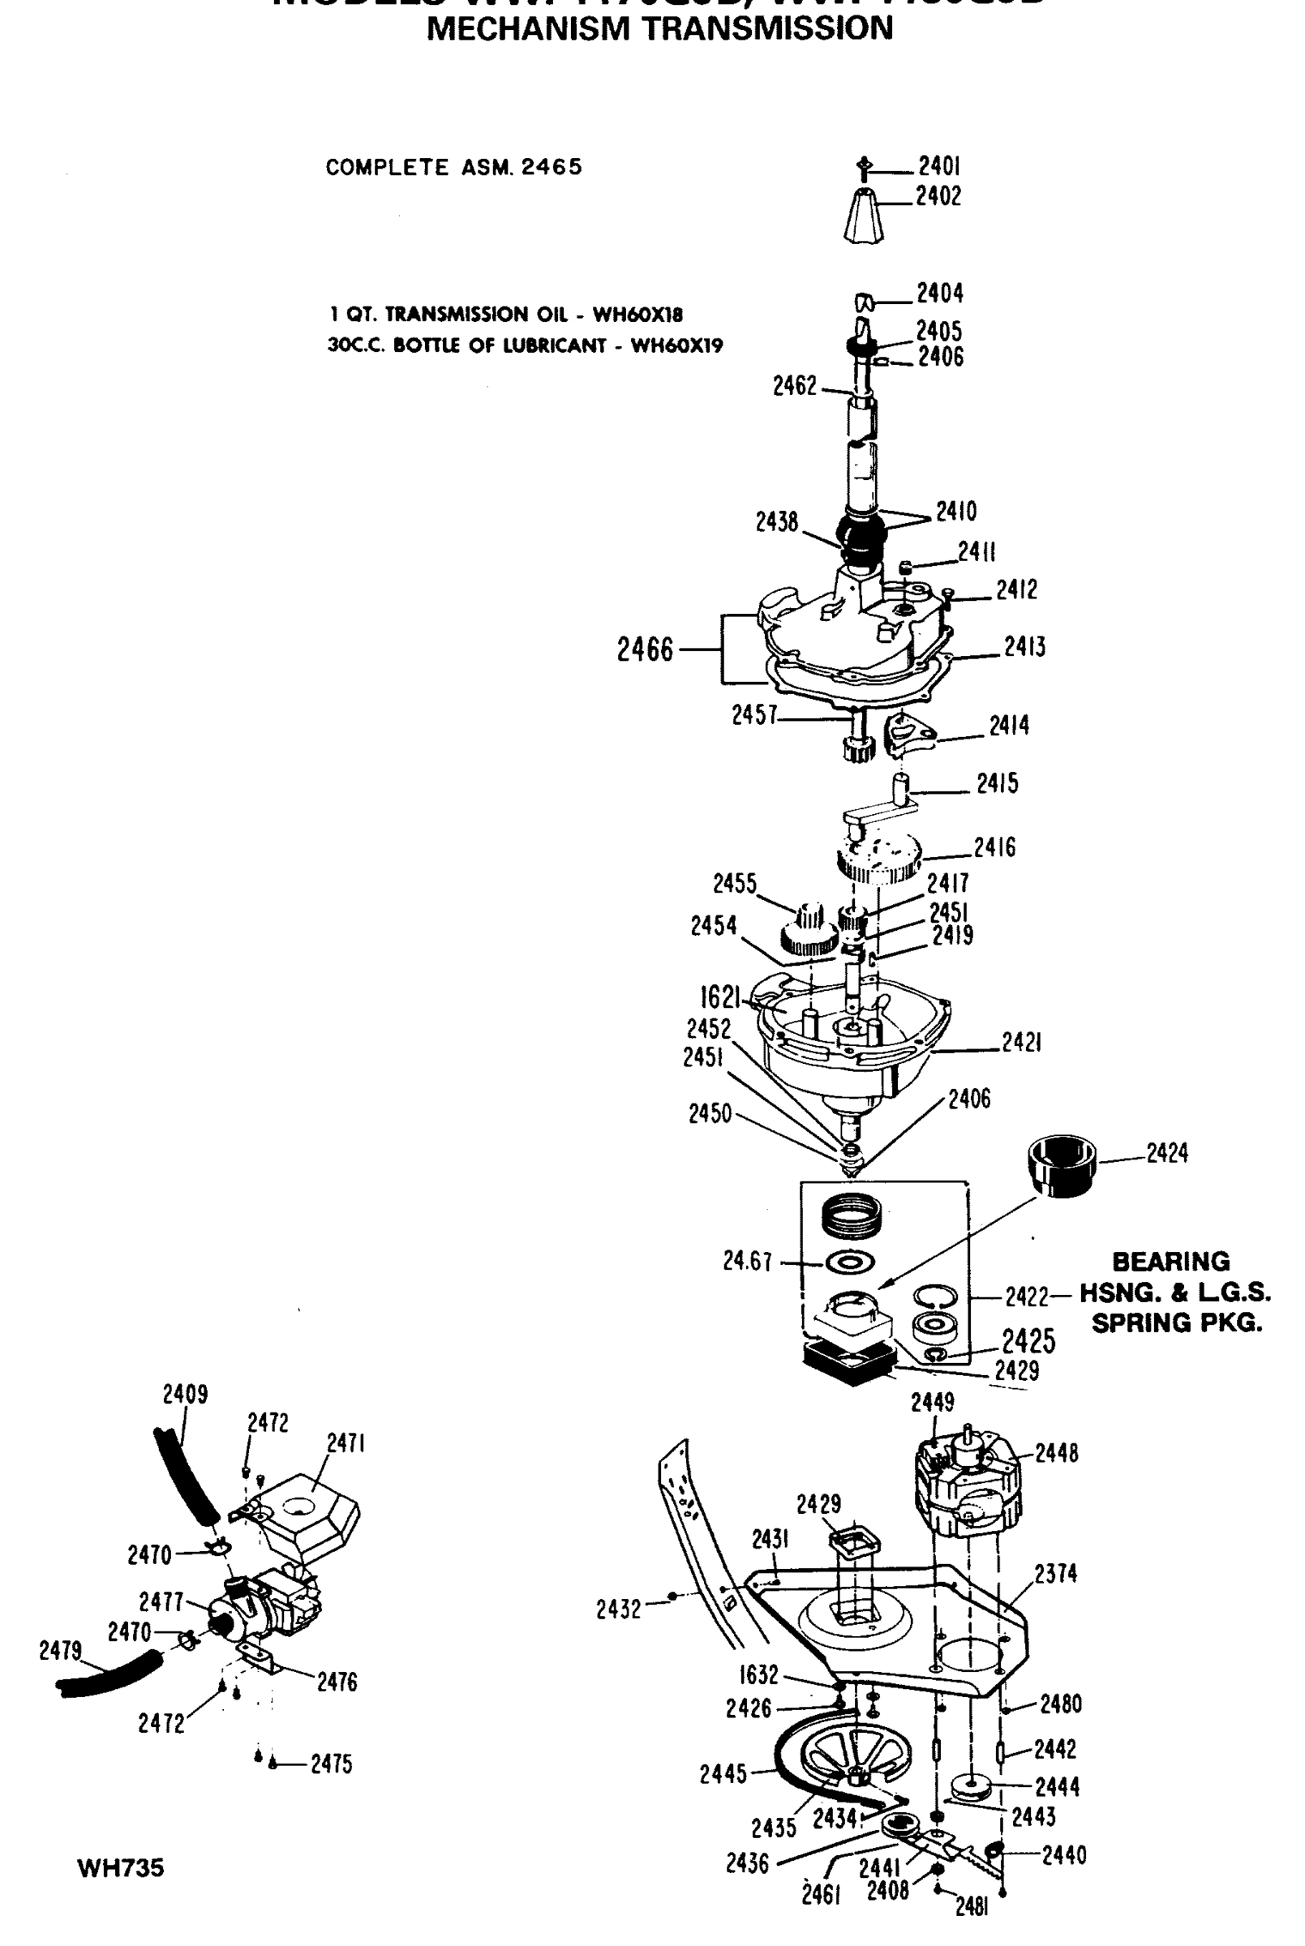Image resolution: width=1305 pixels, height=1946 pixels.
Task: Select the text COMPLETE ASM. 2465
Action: pyautogui.click(x=453, y=167)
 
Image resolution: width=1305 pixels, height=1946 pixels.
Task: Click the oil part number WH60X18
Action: pyautogui.click(x=637, y=315)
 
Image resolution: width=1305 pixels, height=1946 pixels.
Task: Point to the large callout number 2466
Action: pyautogui.click(x=645, y=649)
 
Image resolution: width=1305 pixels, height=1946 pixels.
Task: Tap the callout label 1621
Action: pyautogui.click(x=720, y=996)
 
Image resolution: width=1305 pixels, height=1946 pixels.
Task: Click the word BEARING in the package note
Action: pyautogui.click(x=1170, y=1262)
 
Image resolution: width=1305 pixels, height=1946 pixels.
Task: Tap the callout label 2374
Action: pyautogui.click(x=1055, y=1573)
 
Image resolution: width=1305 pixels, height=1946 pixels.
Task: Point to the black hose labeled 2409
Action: pyautogui.click(x=186, y=1472)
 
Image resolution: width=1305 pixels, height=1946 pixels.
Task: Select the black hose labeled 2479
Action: pyautogui.click(x=109, y=1674)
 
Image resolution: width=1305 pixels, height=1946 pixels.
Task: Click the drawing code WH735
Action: pyautogui.click(x=121, y=1869)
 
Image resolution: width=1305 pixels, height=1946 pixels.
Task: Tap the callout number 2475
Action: pyautogui.click(x=331, y=1764)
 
